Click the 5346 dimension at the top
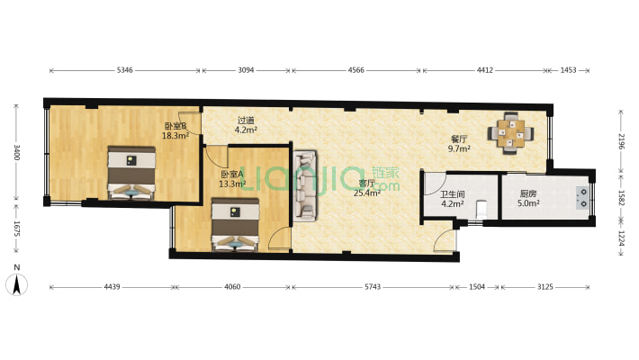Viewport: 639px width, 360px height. [125, 70]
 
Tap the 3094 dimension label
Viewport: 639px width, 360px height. [246, 70]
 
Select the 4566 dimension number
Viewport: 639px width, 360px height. [355, 70]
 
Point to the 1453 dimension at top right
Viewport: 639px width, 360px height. [568, 70]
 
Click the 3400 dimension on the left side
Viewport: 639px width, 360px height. [17, 152]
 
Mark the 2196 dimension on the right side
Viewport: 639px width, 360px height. [621, 141]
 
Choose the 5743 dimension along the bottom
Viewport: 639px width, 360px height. [373, 287]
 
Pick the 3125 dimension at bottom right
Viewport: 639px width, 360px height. [544, 287]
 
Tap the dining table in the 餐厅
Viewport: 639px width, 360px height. [511, 133]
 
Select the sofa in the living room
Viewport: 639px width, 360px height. [305, 186]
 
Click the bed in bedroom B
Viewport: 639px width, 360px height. [131, 173]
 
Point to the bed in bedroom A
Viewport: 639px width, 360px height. [236, 224]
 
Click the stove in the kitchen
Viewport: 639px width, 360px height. [583, 198]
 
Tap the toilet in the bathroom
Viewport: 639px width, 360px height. [481, 209]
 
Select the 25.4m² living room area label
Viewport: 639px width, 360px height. [367, 193]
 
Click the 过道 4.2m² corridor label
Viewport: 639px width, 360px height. [246, 125]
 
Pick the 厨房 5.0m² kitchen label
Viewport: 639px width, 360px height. [528, 199]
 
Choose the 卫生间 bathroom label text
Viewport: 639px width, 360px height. [453, 194]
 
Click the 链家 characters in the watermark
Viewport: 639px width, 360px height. [386, 173]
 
